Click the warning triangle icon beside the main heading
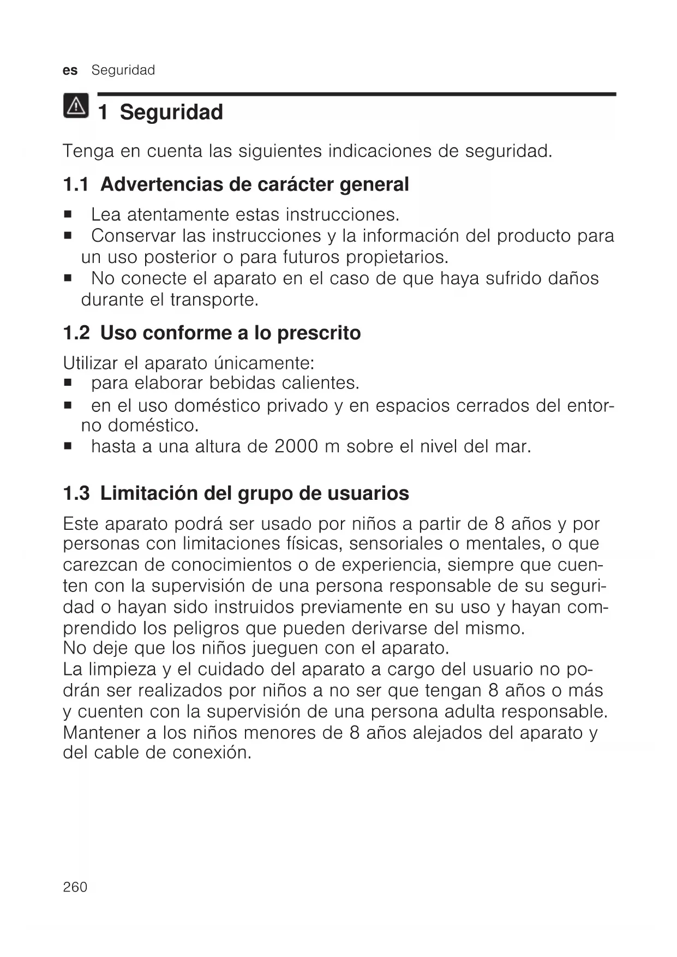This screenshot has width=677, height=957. point(76,105)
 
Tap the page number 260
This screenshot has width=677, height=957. point(75,887)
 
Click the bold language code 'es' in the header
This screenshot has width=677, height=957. point(70,70)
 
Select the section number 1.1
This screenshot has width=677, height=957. point(76,184)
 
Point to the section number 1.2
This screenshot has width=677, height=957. point(76,333)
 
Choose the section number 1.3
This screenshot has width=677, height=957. point(76,493)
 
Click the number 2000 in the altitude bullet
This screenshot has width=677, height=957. point(296,446)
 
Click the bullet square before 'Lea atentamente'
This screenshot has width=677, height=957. point(68,214)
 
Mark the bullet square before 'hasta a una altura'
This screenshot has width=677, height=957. point(68,447)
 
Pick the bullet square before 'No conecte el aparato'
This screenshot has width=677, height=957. point(68,278)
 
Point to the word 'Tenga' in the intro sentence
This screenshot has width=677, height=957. point(88,151)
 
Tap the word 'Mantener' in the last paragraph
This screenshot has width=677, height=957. point(102,732)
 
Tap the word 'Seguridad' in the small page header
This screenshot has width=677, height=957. point(123,70)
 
